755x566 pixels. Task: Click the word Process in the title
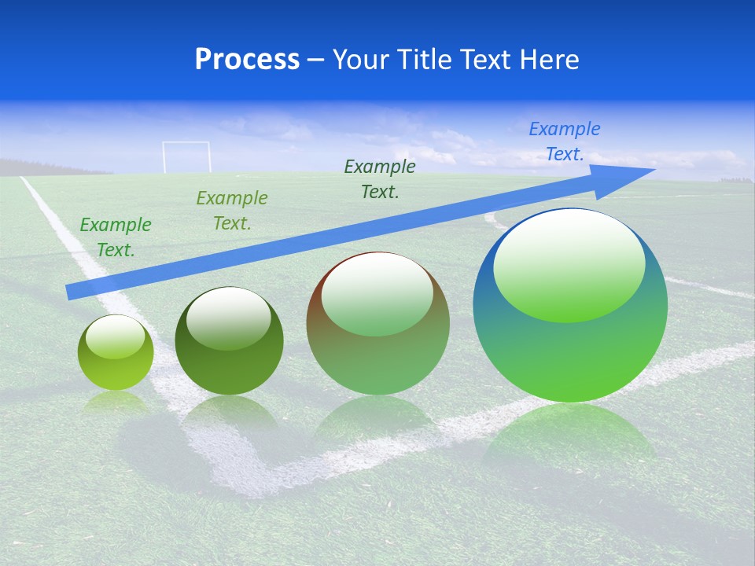pyautogui.click(x=247, y=60)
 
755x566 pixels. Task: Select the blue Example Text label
pyautogui.click(x=565, y=141)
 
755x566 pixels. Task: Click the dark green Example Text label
pyautogui.click(x=380, y=179)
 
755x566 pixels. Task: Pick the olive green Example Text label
pyautogui.click(x=232, y=211)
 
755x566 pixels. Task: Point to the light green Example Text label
pyautogui.click(x=116, y=237)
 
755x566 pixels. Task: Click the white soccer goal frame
pyautogui.click(x=186, y=156)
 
